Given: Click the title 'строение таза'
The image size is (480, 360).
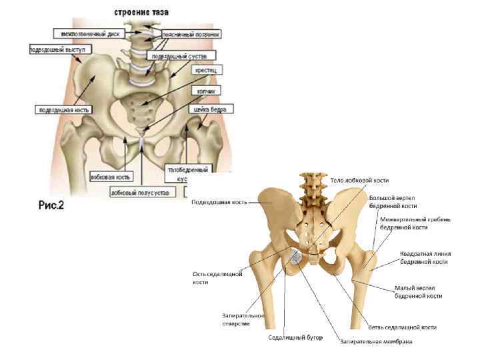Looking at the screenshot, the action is (141, 11).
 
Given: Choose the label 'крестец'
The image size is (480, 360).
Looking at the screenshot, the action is (204, 70).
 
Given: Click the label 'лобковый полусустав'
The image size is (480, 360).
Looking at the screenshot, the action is (136, 191).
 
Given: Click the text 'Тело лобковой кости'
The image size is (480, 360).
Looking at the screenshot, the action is (360, 180).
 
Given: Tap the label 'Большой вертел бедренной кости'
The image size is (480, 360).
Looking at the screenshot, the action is (393, 202).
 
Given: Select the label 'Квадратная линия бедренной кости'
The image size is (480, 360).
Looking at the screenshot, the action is (425, 257).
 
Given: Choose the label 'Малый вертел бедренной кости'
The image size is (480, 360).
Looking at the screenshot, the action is (419, 291).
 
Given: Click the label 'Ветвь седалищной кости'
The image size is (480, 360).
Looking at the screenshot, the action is (403, 327).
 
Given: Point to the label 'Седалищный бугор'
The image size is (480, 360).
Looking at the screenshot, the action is (295, 337).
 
